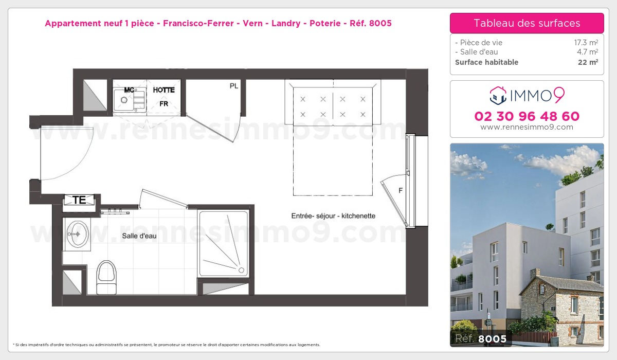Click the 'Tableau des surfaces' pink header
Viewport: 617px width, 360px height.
point(527,23)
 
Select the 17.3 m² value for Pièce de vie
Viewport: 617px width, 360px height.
point(586,43)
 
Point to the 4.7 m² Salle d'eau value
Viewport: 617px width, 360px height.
point(587,52)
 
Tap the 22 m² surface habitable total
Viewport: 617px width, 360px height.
point(588,62)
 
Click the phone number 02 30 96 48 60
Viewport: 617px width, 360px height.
point(527,116)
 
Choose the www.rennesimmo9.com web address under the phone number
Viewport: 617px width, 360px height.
point(527,127)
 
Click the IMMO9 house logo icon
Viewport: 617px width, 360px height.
point(499,95)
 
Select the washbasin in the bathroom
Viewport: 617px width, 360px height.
point(78,234)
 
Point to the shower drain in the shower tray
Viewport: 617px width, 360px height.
point(241,269)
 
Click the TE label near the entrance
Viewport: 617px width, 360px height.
point(79,200)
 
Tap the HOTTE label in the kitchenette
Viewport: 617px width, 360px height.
point(164,90)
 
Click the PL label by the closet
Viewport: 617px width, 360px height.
point(233,86)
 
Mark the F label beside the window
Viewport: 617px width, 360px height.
point(400,191)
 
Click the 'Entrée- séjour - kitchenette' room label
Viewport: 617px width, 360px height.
point(333,216)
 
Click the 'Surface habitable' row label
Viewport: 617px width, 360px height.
point(486,62)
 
